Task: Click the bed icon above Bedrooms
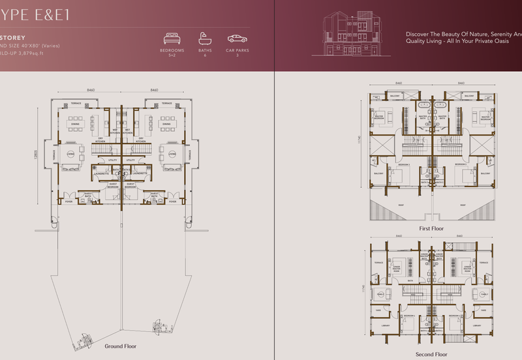coord(172,38)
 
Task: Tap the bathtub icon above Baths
coord(204,38)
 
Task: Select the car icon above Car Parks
coord(237,38)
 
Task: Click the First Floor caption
coord(431,229)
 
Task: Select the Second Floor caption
coord(431,354)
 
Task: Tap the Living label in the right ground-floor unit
coord(172,154)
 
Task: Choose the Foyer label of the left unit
coord(69,202)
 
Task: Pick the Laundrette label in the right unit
coord(139,173)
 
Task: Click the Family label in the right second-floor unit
coord(484,294)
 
